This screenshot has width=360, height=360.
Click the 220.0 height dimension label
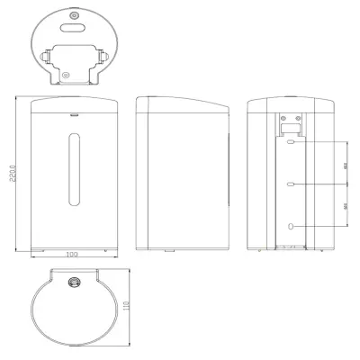coord(12,174)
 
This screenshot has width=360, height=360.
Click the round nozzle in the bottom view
coord(73,283)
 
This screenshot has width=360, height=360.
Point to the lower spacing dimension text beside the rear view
coord(347,205)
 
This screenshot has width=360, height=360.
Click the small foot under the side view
coord(169,249)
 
